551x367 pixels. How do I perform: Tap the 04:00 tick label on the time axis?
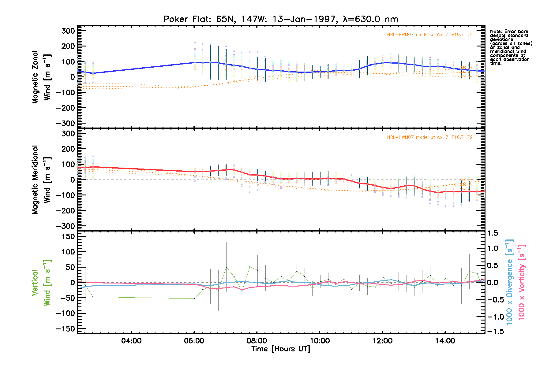coord(131,341)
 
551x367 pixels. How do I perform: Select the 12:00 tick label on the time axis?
coord(382,341)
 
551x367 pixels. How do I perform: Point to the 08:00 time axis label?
coord(257,341)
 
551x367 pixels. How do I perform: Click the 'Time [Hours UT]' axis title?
coord(280,349)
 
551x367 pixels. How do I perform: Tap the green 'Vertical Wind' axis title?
coord(41,283)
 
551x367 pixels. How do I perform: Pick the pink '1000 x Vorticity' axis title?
coord(522,282)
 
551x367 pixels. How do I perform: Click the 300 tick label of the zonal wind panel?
coord(68,31)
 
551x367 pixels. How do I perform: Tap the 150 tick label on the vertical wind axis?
coord(68,236)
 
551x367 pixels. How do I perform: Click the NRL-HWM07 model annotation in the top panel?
coord(429,35)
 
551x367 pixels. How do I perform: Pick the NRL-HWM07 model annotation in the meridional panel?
coord(429,137)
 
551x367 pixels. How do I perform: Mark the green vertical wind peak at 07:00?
coord(226,267)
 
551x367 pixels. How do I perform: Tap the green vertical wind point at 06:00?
coord(195,298)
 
